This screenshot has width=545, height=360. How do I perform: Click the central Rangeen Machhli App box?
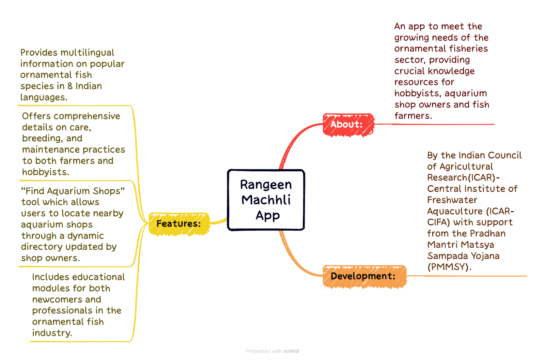coord(266,200)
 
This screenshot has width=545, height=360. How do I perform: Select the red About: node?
coord(348,125)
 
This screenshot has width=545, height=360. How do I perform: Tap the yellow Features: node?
coord(179,224)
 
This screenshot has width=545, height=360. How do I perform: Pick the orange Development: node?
coord(364,276)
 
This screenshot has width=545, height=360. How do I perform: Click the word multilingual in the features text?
coord(87,52)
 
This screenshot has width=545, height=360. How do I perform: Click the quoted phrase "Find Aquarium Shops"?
coord(73,191)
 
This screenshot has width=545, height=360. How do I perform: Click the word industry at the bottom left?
coord(52,333)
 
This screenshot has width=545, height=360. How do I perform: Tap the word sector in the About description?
coord(410,60)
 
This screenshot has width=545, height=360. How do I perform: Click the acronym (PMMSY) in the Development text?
coord(449,267)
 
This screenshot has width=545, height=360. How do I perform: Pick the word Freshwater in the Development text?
coord(452,200)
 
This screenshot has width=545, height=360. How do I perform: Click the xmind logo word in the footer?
coord(291,351)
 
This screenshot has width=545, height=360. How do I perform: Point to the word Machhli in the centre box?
coord(266,200)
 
